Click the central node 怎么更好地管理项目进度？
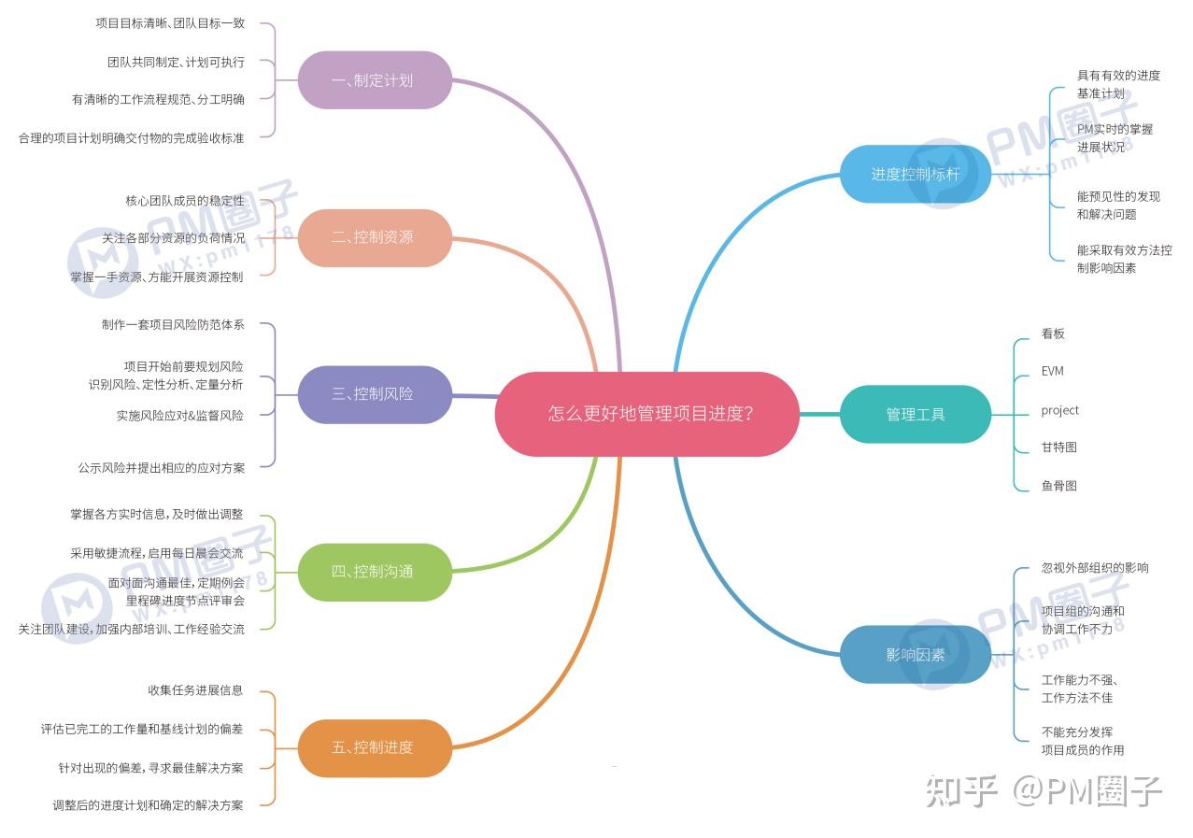point(646,414)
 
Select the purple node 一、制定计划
point(374,80)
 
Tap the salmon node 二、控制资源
point(374,237)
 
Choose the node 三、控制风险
point(374,394)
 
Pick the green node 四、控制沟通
point(374,571)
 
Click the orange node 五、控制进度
point(374,747)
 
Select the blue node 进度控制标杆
point(915,174)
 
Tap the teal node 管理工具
point(915,414)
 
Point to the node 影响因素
point(915,654)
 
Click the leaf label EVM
point(1052,371)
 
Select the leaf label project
point(1059,410)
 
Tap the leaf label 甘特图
point(1058,447)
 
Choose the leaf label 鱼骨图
point(1058,486)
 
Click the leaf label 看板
point(1053,334)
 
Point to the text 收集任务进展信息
point(195,690)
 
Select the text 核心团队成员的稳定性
point(184,201)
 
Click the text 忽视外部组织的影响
point(1095,567)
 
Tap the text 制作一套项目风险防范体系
point(173,324)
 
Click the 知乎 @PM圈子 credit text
point(1044,791)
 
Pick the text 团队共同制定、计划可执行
point(176,62)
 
